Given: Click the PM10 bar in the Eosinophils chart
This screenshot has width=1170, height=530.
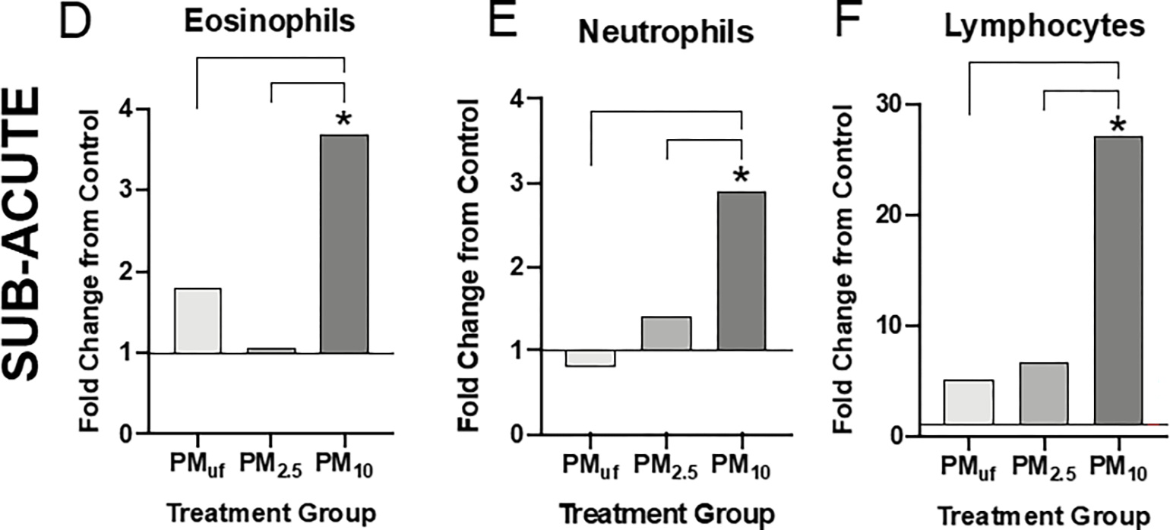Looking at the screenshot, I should click(x=344, y=244).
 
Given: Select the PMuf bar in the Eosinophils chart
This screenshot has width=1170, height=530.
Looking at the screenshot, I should click(x=198, y=320).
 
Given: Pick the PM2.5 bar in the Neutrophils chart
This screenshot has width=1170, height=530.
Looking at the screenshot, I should click(x=666, y=333).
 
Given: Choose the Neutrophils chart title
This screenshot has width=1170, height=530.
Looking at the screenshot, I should click(x=666, y=32).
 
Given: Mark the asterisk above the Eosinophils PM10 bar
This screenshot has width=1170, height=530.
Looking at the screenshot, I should click(x=344, y=121).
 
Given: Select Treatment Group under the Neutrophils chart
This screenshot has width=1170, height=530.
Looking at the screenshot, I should click(x=666, y=511).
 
